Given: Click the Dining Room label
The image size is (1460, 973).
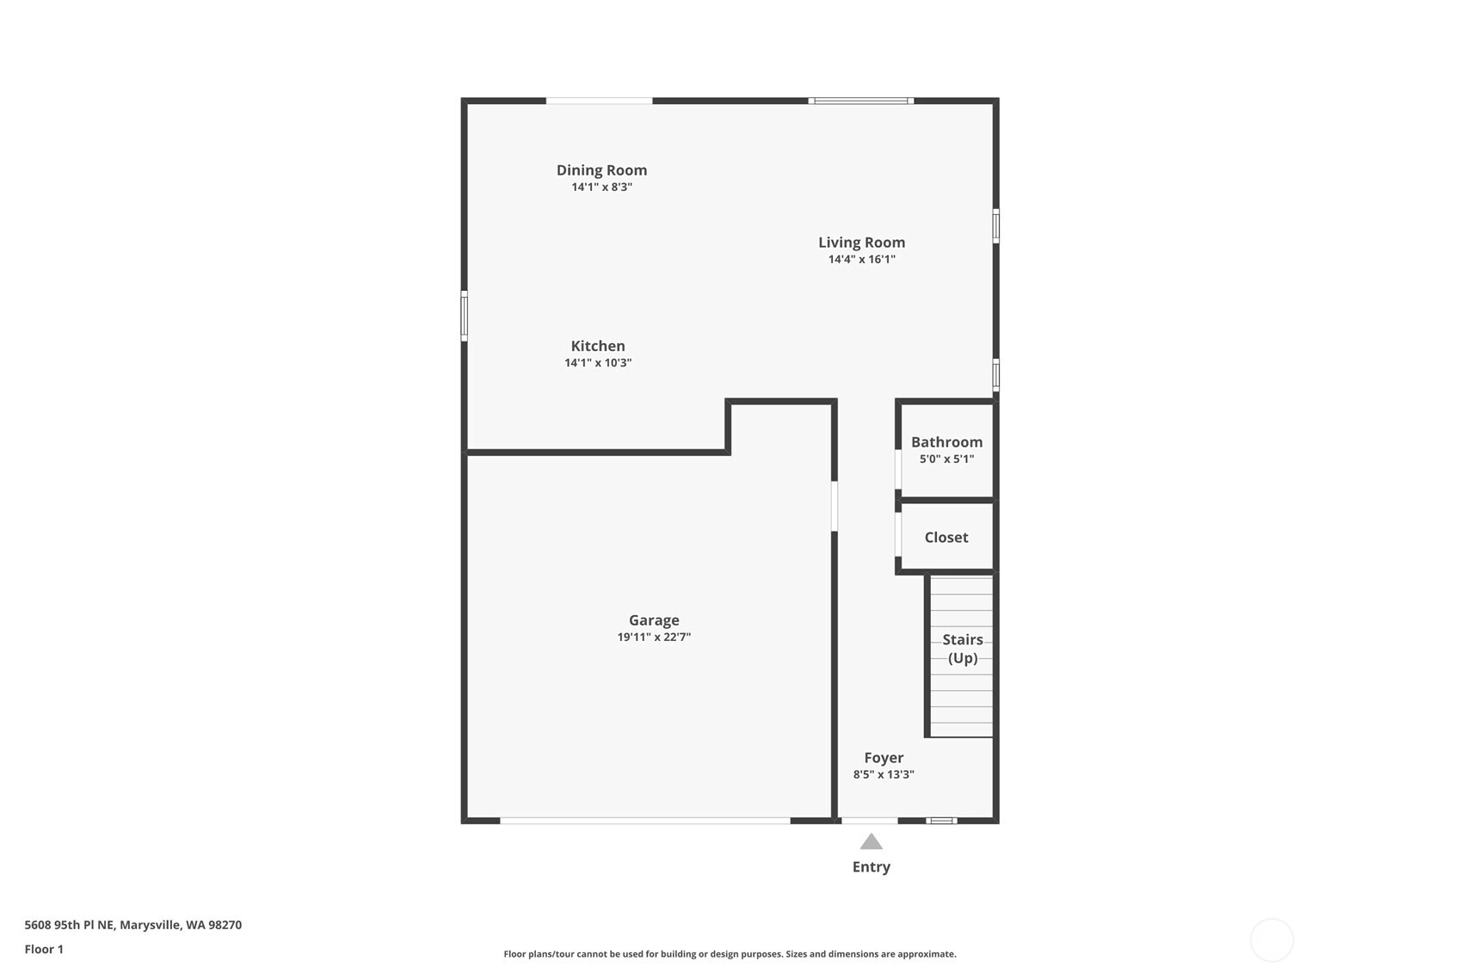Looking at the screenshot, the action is (x=601, y=170).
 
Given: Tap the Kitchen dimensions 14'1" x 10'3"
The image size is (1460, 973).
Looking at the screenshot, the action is (x=598, y=363).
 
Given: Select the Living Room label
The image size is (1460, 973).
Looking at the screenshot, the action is (x=862, y=243).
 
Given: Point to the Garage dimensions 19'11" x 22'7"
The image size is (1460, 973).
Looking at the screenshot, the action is (x=654, y=637).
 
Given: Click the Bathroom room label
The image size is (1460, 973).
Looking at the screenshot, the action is (x=946, y=442).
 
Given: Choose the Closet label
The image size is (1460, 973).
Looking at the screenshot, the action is (x=946, y=537).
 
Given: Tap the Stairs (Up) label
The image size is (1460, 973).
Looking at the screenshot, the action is (x=963, y=649).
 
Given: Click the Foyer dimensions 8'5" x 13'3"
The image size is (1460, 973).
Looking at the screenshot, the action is (x=884, y=774).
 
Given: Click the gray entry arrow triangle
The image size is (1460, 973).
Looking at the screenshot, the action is (x=871, y=842).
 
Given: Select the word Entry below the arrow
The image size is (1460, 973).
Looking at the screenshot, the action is (x=872, y=867).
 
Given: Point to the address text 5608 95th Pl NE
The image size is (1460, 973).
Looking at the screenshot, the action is (x=70, y=925).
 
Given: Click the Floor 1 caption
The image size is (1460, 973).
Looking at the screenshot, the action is (x=45, y=949).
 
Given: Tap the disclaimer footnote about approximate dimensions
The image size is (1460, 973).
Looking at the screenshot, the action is (x=730, y=954).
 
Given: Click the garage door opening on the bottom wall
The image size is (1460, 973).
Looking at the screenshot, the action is (x=645, y=821).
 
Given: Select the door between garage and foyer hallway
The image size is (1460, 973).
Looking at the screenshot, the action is (x=835, y=506).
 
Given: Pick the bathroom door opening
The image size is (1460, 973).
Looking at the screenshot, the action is (x=898, y=469).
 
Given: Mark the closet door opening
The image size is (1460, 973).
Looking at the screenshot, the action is (x=898, y=534).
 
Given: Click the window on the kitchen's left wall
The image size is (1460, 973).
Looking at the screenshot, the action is (x=464, y=316).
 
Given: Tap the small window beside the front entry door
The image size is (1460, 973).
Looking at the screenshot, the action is (x=941, y=821).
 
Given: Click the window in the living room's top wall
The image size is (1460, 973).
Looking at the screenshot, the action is (x=861, y=101).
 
